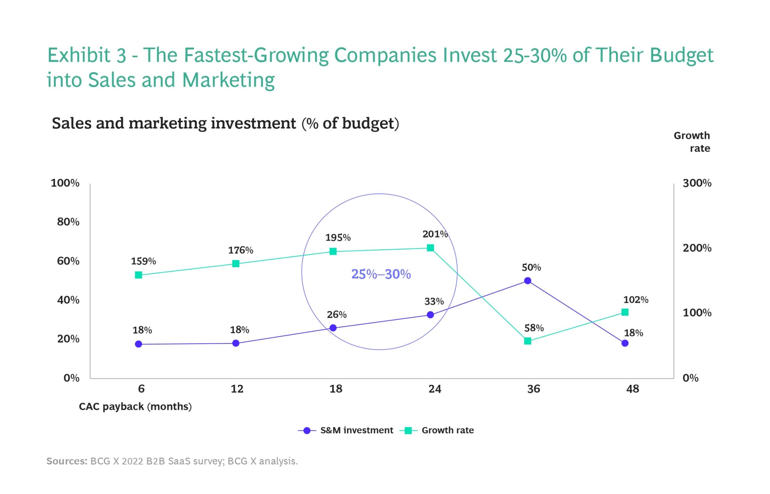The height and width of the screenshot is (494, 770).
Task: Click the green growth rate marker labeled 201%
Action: click(430, 248)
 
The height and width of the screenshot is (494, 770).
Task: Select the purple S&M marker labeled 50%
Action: click(528, 281)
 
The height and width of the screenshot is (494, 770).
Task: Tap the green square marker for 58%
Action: click(528, 341)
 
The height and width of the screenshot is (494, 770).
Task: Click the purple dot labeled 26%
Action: click(333, 328)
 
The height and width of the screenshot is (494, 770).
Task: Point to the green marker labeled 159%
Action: click(139, 275)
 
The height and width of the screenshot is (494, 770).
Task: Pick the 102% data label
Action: click(636, 300)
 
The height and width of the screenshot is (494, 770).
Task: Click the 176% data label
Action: click(241, 250)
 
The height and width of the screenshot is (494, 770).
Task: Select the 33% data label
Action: click(434, 302)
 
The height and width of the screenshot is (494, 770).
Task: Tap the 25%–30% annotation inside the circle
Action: click(381, 274)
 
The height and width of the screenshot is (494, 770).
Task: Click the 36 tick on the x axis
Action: click(534, 389)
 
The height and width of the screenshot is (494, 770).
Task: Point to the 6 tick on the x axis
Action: click(141, 389)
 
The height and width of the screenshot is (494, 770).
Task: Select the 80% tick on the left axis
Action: click(68, 222)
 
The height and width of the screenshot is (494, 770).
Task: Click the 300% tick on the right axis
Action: click(697, 183)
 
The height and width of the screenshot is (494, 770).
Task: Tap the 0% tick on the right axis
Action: click(691, 378)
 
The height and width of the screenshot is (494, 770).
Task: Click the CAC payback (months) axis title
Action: click(135, 407)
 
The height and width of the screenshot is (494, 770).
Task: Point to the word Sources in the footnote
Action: click(67, 461)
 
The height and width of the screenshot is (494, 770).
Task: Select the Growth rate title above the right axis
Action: click(692, 142)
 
